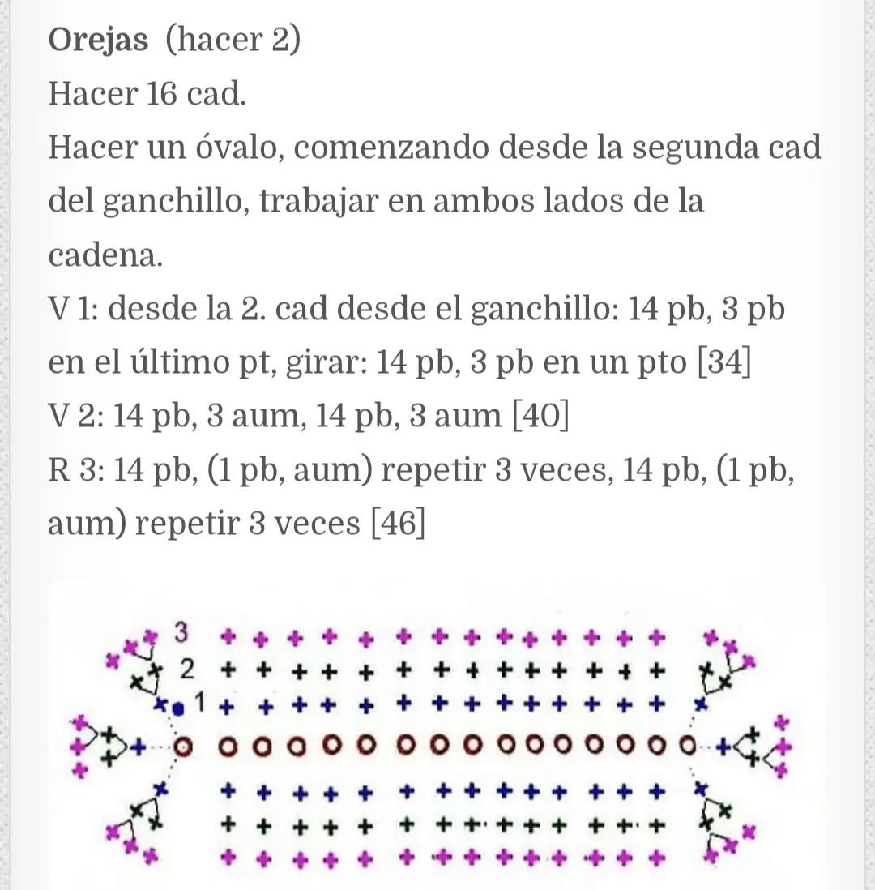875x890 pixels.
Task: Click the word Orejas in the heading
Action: [98, 41]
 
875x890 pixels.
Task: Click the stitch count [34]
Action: [724, 362]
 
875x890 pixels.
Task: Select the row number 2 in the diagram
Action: [188, 670]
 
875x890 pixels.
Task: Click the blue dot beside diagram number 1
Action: [179, 707]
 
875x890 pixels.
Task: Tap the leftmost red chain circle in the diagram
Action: [185, 744]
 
